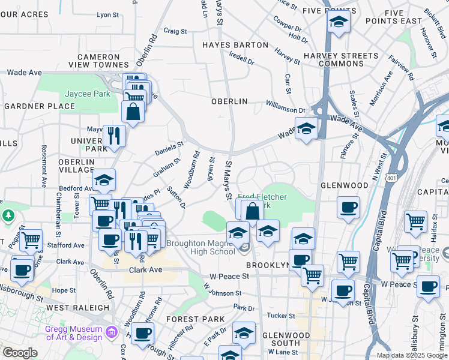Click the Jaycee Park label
coord(88,94)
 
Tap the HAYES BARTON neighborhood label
coord(235,45)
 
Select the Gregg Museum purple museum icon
coord(110,331)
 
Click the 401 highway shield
coord(391,178)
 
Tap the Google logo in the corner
coord(20,353)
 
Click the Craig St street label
coord(175,31)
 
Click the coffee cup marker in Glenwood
coord(348,208)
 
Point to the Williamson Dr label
coord(286,110)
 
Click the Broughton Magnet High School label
coord(200,247)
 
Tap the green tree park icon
coord(8,215)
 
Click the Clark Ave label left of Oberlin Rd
coord(70,262)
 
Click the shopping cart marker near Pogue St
coord(31,240)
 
